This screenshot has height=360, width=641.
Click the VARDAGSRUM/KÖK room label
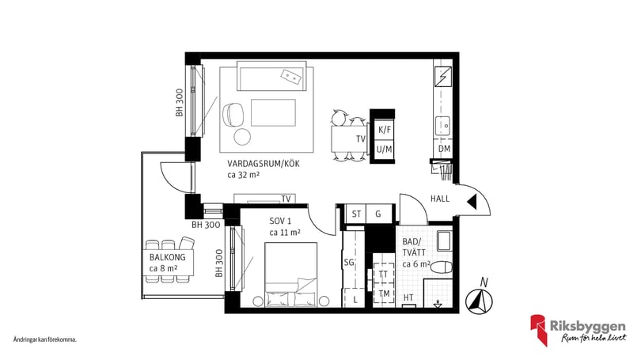point(264,164)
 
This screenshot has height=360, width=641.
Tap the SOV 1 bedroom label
point(280,222)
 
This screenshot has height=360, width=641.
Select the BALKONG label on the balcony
point(167,257)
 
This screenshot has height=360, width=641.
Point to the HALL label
point(440,199)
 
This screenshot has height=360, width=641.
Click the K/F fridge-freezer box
point(385,131)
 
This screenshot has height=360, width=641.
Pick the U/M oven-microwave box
point(385,150)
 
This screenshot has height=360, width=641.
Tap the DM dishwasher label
point(445,150)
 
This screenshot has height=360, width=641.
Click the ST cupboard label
point(356,214)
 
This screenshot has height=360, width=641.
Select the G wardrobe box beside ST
point(378,214)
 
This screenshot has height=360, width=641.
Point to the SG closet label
point(349,263)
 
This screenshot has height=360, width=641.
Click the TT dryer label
point(383,275)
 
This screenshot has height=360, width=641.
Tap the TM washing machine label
point(384,294)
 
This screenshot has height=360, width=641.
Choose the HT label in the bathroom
point(408,297)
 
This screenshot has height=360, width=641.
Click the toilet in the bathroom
point(442,267)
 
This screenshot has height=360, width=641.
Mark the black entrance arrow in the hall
point(472,202)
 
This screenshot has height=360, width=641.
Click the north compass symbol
point(479,300)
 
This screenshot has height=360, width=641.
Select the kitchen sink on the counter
point(442,126)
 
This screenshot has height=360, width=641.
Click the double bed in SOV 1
point(291,275)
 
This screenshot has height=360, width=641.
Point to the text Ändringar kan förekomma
point(44,339)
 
